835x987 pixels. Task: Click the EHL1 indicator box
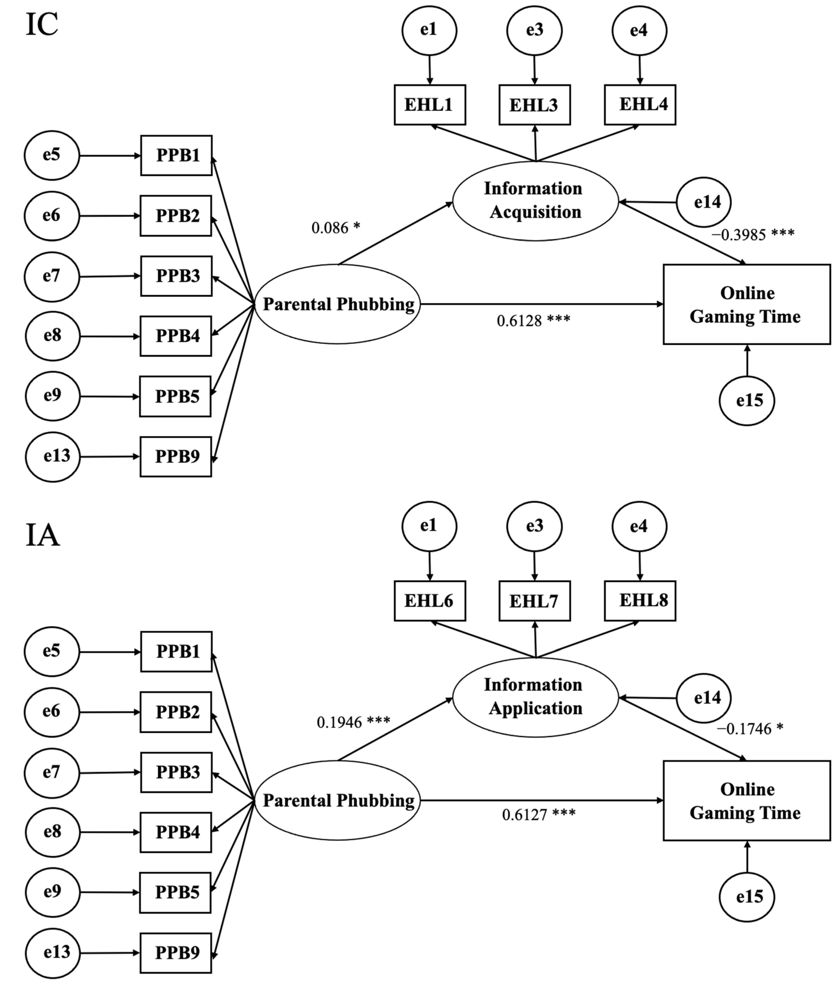pos(430,105)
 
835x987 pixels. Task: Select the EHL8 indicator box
pos(640,601)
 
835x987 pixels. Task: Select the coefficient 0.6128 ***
pos(534,321)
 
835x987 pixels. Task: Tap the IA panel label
pos(42,536)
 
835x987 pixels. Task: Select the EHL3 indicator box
pos(535,105)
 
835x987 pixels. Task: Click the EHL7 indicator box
pos(535,601)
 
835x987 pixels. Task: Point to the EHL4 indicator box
pos(640,105)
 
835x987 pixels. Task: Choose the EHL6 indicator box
pos(430,601)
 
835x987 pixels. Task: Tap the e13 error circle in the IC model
pos(53,457)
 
